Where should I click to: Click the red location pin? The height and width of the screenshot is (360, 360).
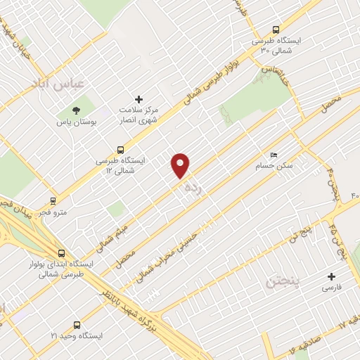click(181, 165)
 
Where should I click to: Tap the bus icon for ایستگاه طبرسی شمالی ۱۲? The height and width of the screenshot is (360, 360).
click(121, 149)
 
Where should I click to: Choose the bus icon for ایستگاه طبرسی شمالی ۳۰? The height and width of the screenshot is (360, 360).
click(276, 30)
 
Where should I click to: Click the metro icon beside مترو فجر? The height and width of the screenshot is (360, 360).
click(53, 200)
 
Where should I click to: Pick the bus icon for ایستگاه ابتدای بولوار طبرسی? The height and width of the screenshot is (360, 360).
click(62, 253)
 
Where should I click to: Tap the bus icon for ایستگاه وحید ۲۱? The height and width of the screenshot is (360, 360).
click(76, 325)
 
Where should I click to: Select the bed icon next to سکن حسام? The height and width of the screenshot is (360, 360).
click(274, 155)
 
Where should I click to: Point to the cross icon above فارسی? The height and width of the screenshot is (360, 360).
click(331, 276)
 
